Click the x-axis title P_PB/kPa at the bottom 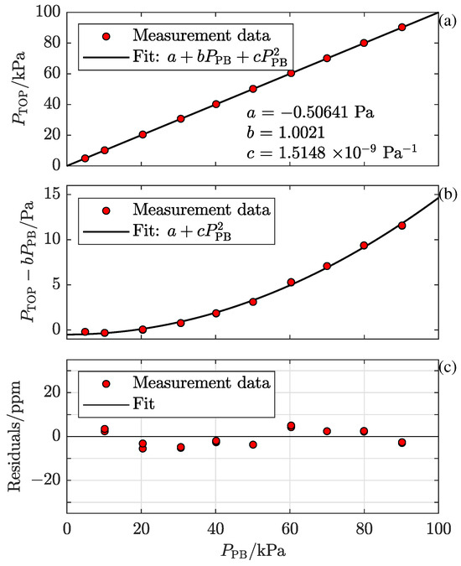click(x=252, y=553)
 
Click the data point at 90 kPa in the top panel click(x=401, y=27)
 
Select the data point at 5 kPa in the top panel click(x=85, y=158)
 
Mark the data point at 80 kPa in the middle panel click(x=365, y=246)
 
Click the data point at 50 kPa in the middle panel click(x=253, y=301)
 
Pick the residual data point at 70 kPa click(x=327, y=431)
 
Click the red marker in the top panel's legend click(x=104, y=37)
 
